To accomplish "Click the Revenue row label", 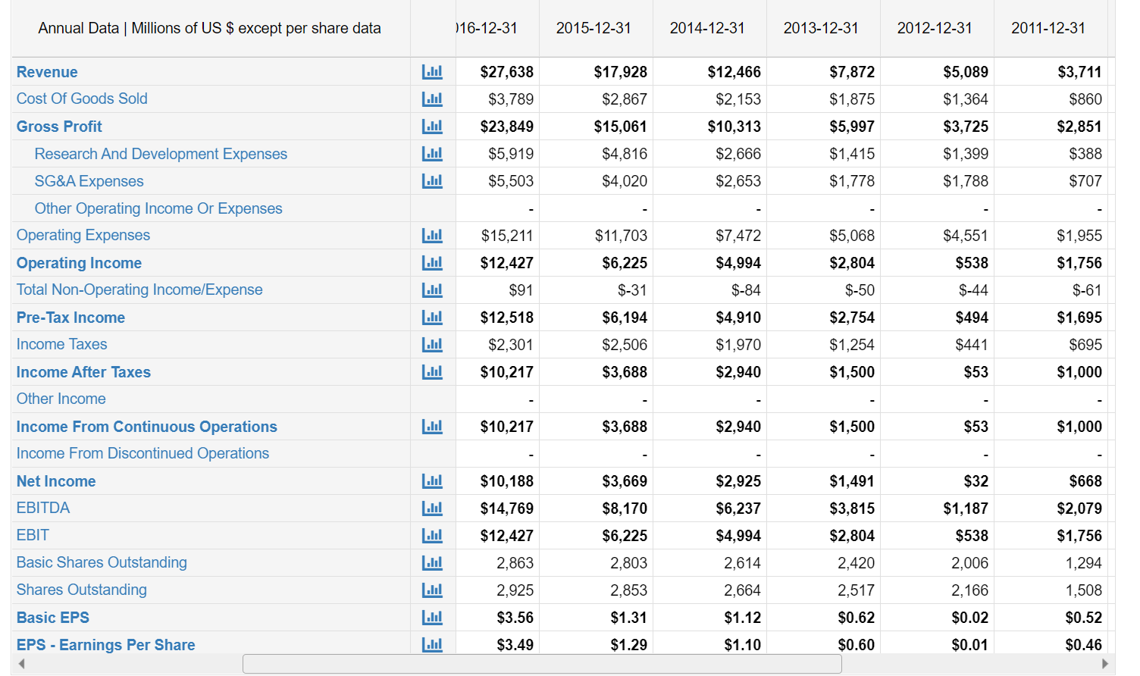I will coord(47,72).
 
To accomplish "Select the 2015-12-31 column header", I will coord(593,28).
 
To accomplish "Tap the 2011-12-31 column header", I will coord(1048,28).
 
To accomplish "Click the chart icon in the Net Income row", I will coord(432,481).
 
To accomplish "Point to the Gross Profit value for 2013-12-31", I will coord(851,127).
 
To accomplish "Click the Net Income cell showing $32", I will coord(976,481).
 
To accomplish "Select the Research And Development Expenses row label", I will coord(161,154).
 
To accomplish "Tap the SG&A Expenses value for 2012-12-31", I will coord(965,181).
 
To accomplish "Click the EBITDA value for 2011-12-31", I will coord(1079,509).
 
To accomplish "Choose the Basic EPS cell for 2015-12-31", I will coord(628,618).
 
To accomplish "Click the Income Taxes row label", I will coord(62,345).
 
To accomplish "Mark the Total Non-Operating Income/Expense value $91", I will coord(521,290).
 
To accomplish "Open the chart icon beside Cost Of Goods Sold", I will coord(432,99).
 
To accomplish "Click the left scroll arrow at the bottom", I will coord(22,664).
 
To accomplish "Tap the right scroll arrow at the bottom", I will coord(1104,664).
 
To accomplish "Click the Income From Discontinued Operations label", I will coord(142,454).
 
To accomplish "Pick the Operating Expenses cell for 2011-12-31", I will coord(1079,236).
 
